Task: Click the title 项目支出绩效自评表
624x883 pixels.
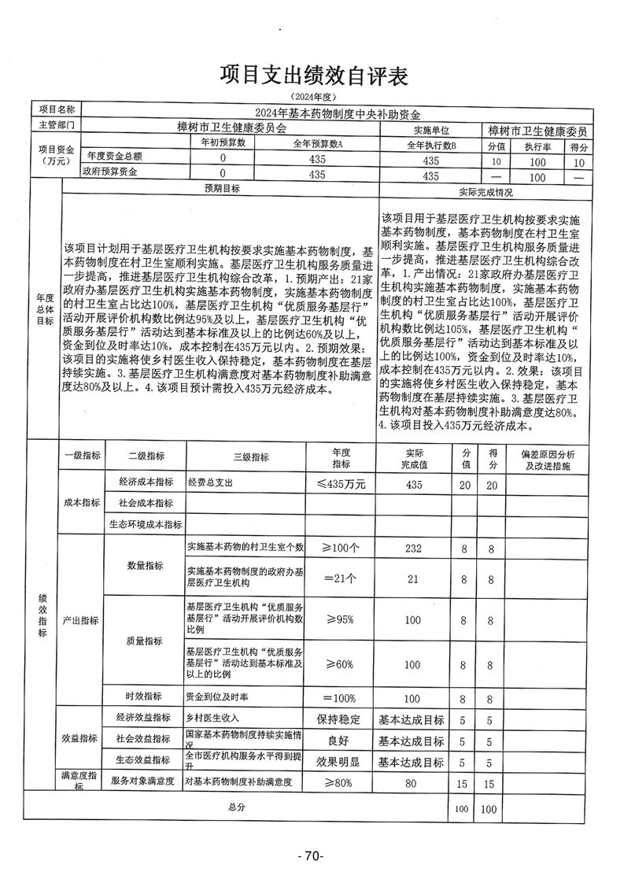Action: [x=313, y=76]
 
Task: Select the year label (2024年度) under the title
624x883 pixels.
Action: [x=312, y=97]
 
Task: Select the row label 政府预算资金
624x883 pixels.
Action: [x=111, y=173]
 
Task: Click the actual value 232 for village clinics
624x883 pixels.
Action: [x=412, y=547]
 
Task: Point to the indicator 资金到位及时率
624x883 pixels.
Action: [x=217, y=697]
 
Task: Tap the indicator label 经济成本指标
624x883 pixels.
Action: [x=146, y=482]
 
